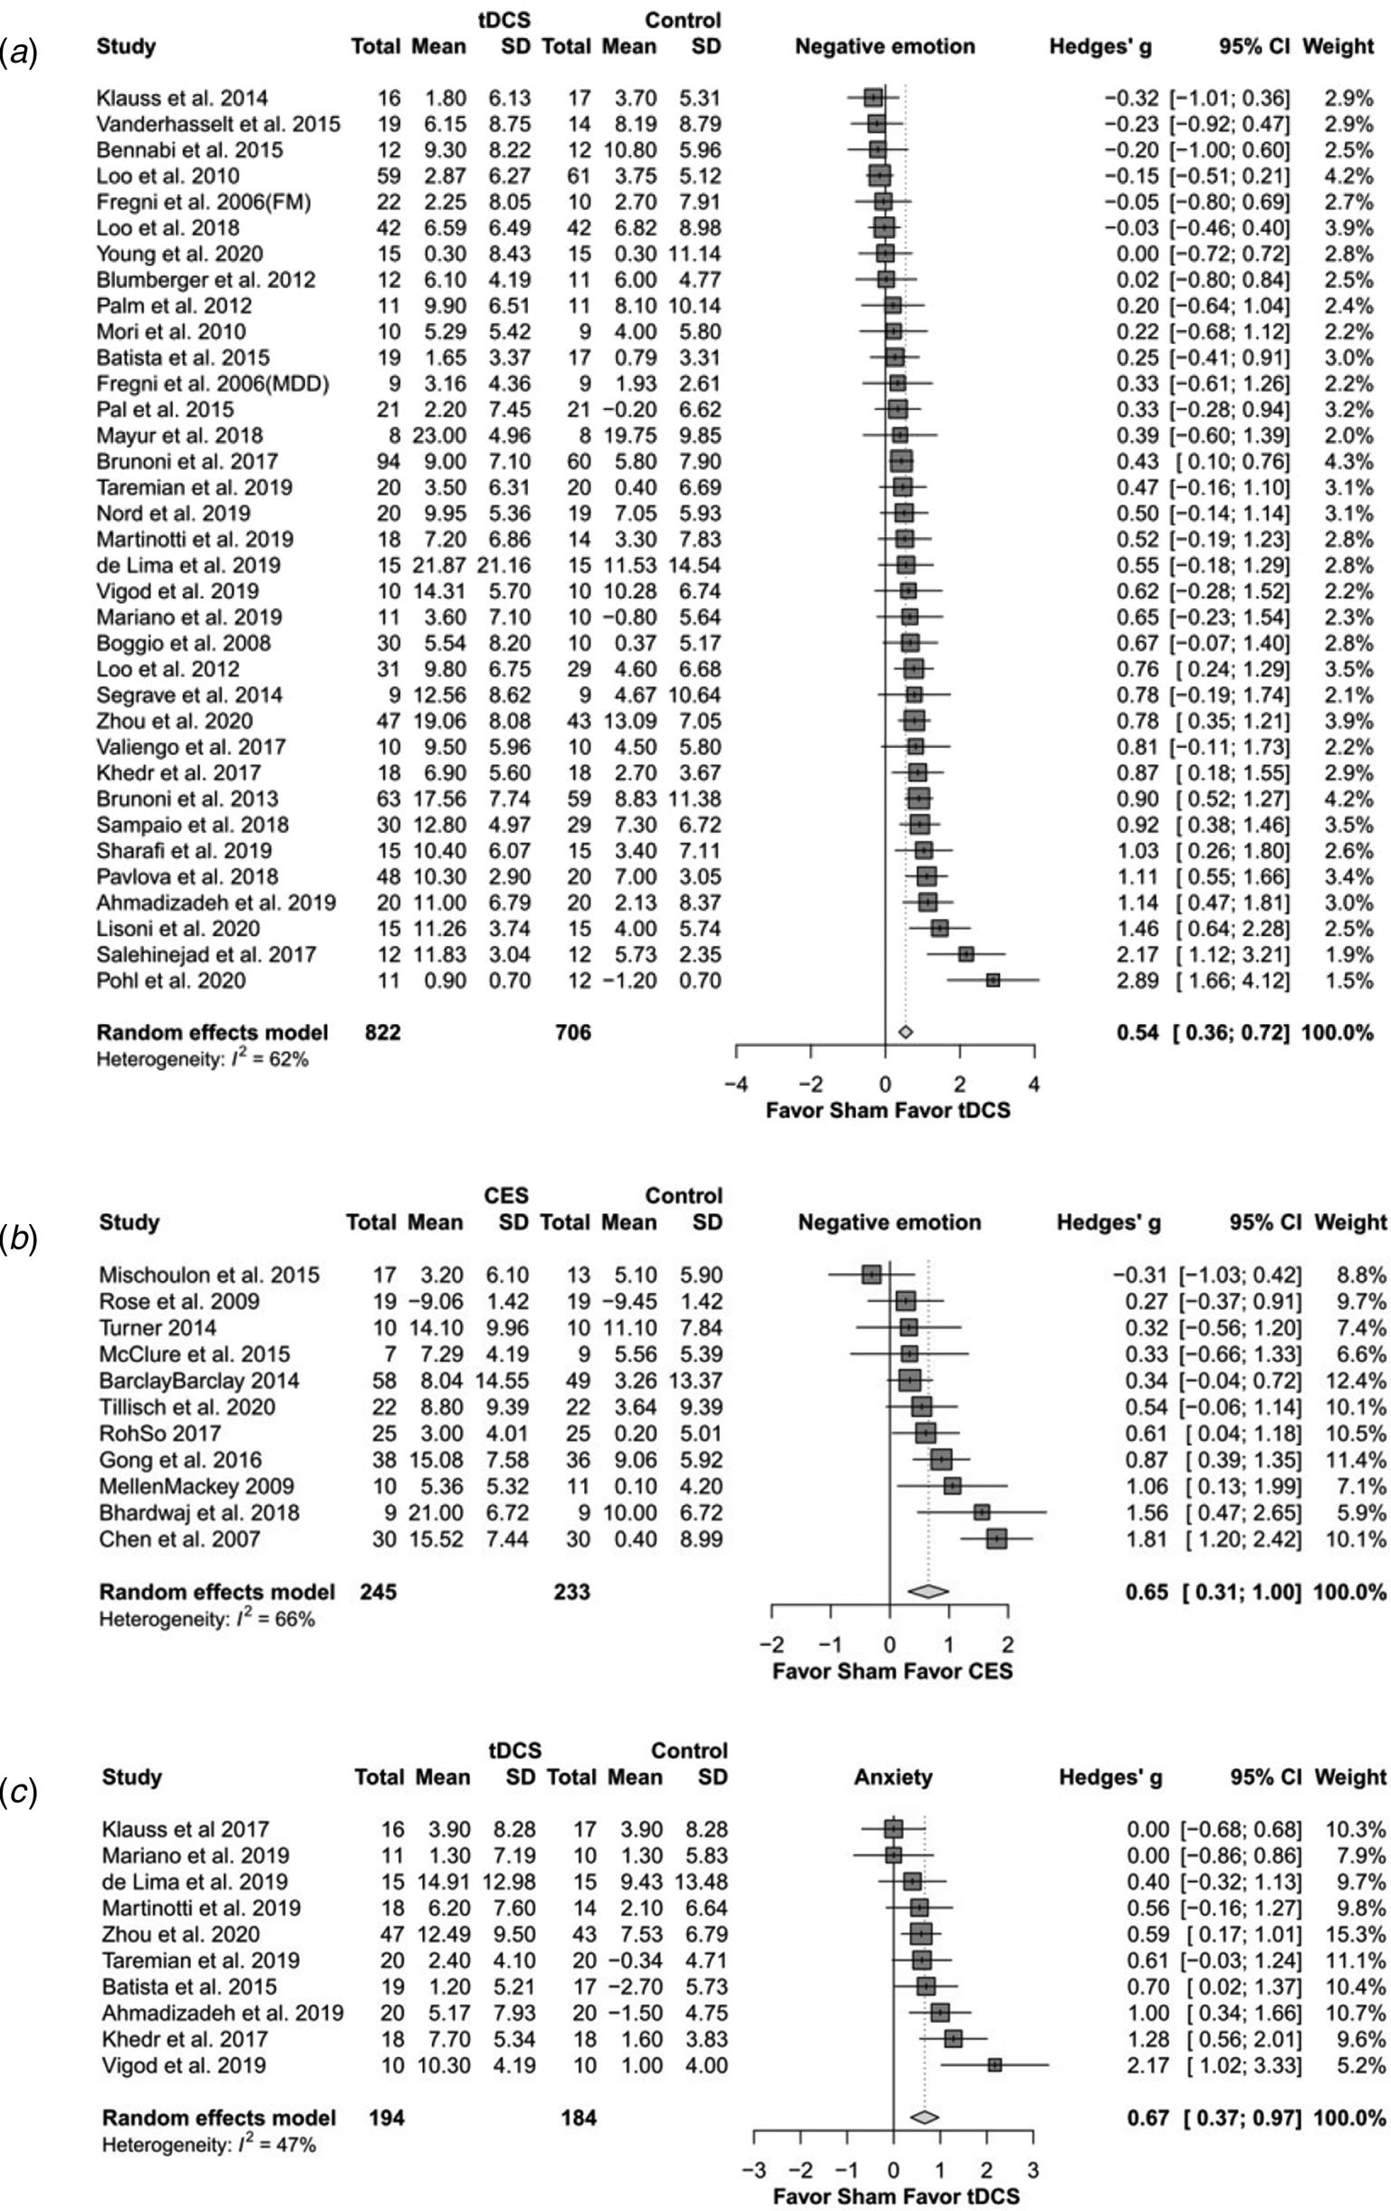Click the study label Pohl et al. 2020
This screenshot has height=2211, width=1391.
tap(171, 981)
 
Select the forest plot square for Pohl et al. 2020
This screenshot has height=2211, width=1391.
tap(993, 981)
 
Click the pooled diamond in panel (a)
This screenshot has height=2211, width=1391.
tap(906, 1032)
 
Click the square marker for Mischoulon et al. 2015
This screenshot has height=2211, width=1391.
tap(871, 1274)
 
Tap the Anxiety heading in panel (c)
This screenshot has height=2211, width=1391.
tap(892, 1777)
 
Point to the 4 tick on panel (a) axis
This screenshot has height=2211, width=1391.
tap(1034, 1084)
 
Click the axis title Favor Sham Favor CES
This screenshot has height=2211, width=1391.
tap(891, 1670)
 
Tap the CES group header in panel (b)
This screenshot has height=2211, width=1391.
tap(506, 1195)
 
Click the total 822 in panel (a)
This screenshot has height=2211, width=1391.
tap(382, 1032)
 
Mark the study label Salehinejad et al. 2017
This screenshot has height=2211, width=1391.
tap(206, 955)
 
